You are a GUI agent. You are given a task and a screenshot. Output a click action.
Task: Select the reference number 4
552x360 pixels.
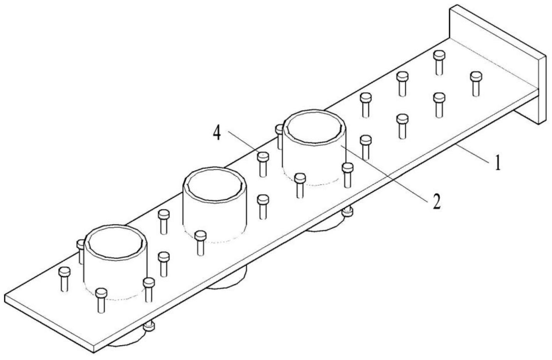click(x=217, y=134)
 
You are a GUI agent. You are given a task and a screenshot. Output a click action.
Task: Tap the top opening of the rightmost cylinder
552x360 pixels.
click(x=314, y=126)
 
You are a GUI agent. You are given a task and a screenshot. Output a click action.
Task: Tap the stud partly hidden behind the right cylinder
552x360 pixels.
click(x=280, y=135)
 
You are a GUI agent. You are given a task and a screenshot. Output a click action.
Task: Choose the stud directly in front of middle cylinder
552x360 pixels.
click(x=200, y=242)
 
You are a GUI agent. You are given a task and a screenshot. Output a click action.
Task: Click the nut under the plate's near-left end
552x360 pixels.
click(x=149, y=327)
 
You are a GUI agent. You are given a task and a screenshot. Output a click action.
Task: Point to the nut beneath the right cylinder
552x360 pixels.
click(x=347, y=212)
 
